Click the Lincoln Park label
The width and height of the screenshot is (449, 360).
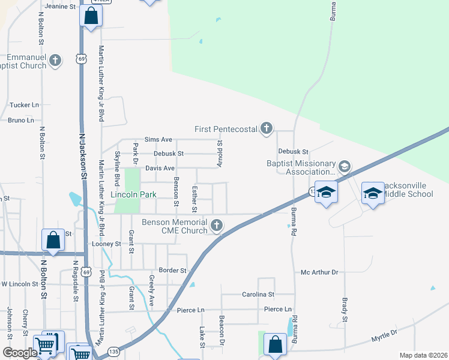133,195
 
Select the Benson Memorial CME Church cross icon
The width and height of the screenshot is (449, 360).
217,226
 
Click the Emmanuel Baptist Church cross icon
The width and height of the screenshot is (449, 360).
55,61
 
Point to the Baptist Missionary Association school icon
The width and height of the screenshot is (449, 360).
345,166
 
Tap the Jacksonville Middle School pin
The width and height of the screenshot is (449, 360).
373,193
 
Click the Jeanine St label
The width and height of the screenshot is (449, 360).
61,7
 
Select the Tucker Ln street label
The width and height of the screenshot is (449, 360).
24,105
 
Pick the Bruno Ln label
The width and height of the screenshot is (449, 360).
21,120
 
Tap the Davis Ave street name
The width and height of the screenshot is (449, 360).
160,169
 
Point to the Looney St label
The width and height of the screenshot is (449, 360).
106,244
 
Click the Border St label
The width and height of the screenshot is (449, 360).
172,271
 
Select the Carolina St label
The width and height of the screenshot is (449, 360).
258,295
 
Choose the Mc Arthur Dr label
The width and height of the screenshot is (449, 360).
320,272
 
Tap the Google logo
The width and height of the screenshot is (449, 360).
20,353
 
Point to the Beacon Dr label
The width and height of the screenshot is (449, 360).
221,331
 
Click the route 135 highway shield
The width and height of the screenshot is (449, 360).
113,351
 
